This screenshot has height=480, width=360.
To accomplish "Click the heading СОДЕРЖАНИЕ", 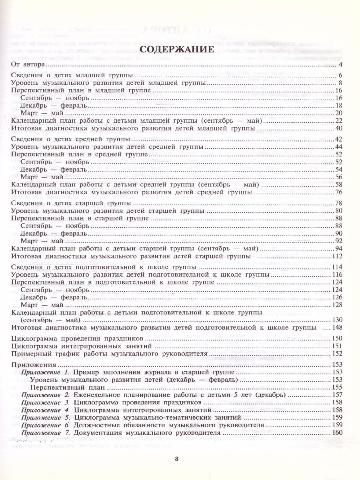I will coord(180,50).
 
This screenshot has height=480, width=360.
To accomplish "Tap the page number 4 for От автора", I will coord(338,65).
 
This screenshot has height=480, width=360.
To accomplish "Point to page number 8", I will coord(338,84).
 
